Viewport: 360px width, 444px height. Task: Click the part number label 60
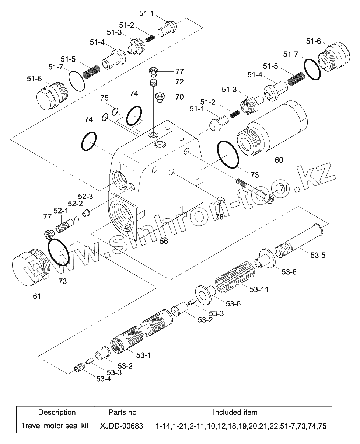(279, 160)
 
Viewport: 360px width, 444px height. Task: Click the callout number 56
(164, 241)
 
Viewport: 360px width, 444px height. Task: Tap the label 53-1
(143, 355)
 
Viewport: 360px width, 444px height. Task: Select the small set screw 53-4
(80, 367)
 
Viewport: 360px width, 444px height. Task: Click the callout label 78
(219, 217)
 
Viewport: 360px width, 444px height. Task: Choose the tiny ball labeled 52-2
(77, 218)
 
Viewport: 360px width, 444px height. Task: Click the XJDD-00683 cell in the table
(122, 426)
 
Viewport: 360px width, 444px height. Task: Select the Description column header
(57, 412)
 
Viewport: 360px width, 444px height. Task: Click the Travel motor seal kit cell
(55, 426)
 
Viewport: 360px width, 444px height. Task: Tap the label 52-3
(85, 196)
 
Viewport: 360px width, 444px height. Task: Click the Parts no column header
(122, 412)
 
